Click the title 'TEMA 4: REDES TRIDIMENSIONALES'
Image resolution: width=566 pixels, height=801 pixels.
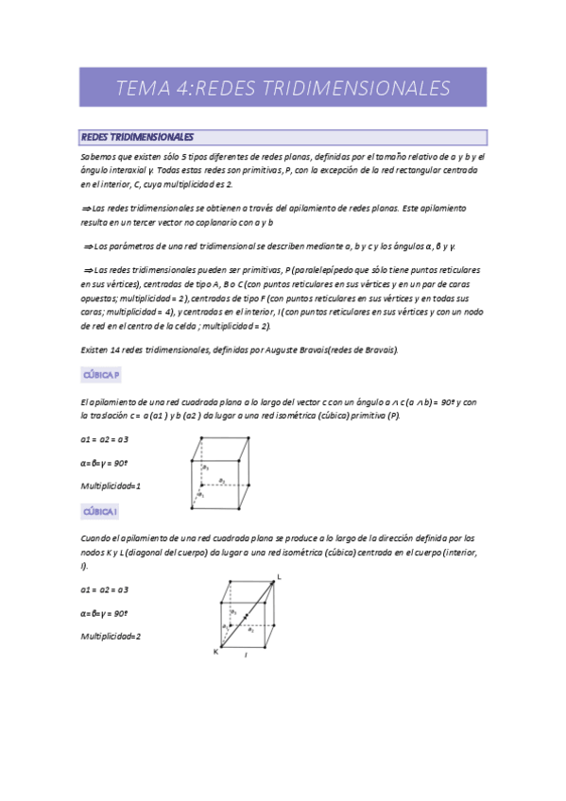[x=283, y=89]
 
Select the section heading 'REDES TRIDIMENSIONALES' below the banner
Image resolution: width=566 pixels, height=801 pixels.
[x=137, y=137]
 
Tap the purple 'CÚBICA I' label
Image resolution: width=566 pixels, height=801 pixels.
[x=100, y=511]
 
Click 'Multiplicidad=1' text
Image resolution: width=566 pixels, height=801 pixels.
[x=111, y=486]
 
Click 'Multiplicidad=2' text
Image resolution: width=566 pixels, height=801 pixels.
[x=111, y=636]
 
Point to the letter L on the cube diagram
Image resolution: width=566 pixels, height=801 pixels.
[x=279, y=576]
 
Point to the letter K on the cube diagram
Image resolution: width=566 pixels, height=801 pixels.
[x=214, y=651]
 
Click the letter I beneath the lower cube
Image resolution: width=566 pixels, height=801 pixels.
[x=246, y=654]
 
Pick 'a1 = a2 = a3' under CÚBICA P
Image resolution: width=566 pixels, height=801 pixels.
[x=105, y=440]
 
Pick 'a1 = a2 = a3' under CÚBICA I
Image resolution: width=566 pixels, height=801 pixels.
[x=105, y=589]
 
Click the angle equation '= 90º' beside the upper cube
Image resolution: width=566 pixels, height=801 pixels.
[x=105, y=463]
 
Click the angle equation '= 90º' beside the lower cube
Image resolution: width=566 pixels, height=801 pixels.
[x=105, y=612]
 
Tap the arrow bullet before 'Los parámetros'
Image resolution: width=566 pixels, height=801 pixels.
[x=88, y=247]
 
